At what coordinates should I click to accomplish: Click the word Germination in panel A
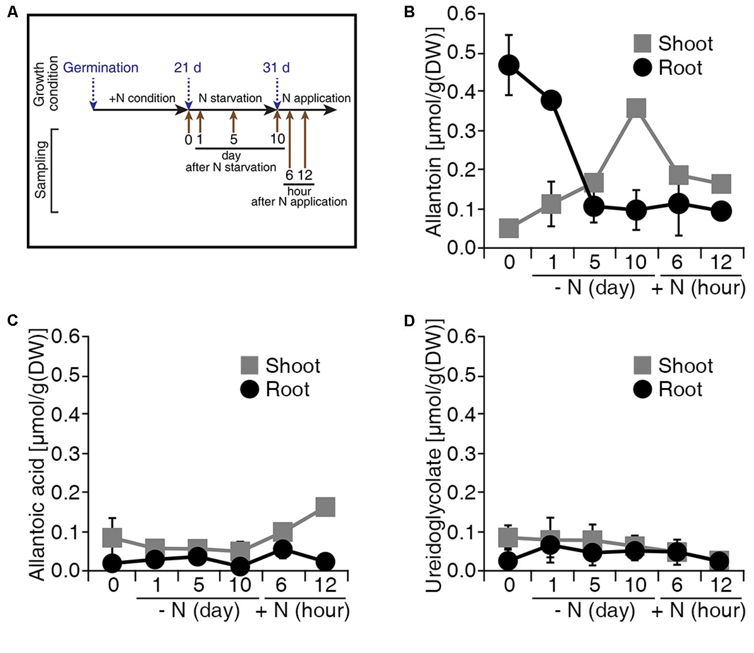101,68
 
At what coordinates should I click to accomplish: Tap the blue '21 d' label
187,68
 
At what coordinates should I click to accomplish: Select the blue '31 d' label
276,68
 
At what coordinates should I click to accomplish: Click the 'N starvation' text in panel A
230,98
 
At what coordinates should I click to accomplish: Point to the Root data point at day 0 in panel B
509,65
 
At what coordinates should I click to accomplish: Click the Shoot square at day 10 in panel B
636,108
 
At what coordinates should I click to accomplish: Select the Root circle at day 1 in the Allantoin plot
551,100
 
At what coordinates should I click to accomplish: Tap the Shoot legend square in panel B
642,43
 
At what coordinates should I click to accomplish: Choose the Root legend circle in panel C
249,389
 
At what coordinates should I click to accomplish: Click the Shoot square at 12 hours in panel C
325,506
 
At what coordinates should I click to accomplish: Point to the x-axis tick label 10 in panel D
636,585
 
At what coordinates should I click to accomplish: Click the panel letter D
410,321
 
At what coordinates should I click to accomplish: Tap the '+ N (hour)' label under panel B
698,288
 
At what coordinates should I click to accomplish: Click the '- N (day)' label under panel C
198,611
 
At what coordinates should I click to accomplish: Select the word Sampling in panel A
41,170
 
